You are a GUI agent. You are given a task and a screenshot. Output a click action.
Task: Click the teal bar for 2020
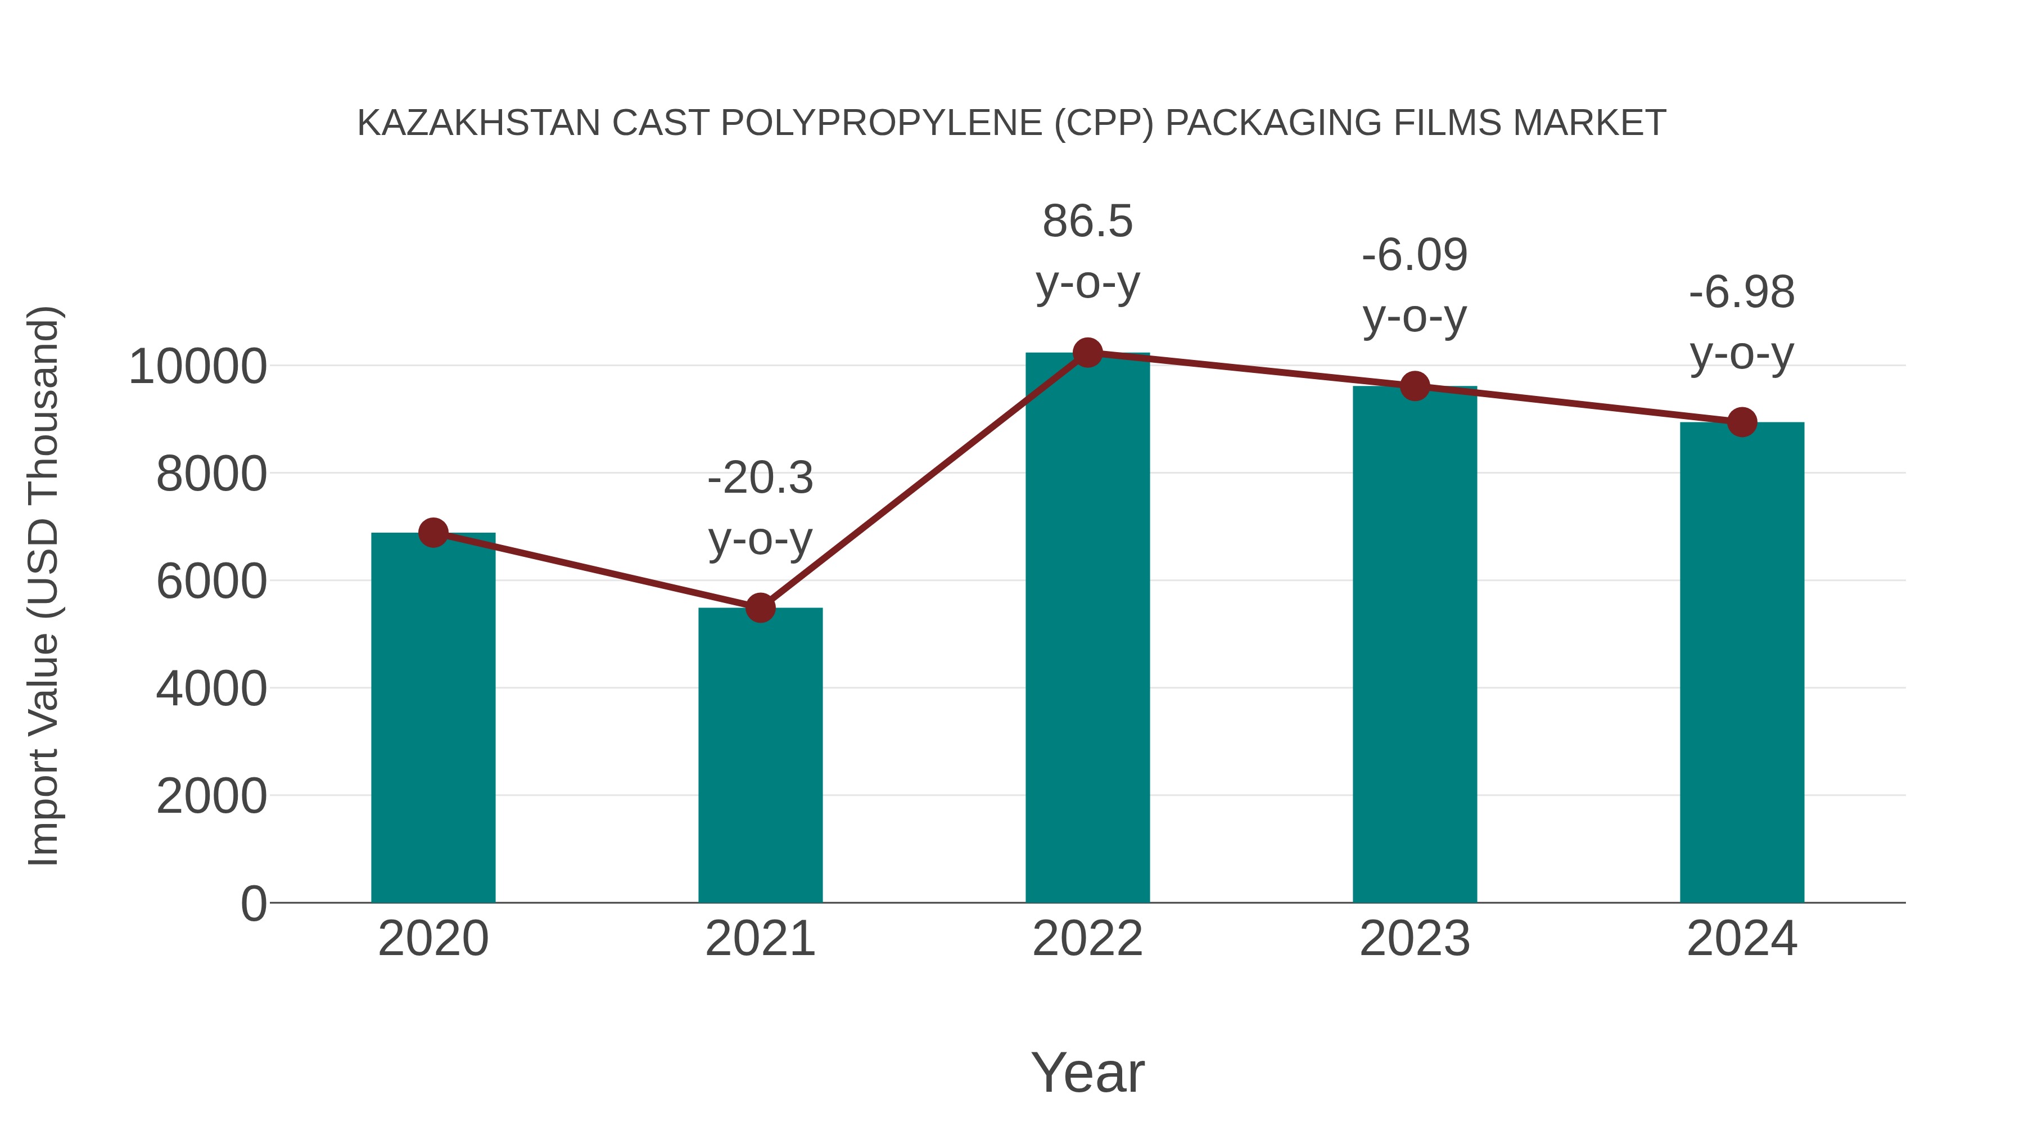click(433, 719)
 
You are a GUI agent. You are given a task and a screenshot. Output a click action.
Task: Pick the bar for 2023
click(1415, 645)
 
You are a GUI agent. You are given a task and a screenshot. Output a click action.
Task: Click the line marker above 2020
click(433, 533)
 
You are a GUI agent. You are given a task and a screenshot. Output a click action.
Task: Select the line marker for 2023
click(1415, 386)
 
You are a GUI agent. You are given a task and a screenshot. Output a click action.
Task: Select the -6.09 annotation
click(1415, 255)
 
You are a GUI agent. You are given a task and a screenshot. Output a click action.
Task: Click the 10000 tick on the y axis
click(197, 366)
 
